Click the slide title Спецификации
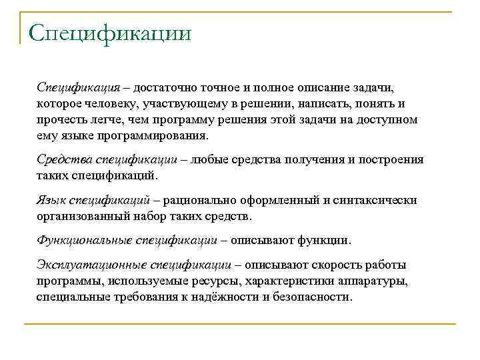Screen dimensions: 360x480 point(110,33)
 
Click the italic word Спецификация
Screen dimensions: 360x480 point(78,88)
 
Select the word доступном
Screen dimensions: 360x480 point(385,120)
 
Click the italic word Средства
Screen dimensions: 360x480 point(64,159)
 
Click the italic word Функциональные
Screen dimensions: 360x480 point(84,240)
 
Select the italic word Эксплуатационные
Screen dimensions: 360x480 point(91,265)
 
